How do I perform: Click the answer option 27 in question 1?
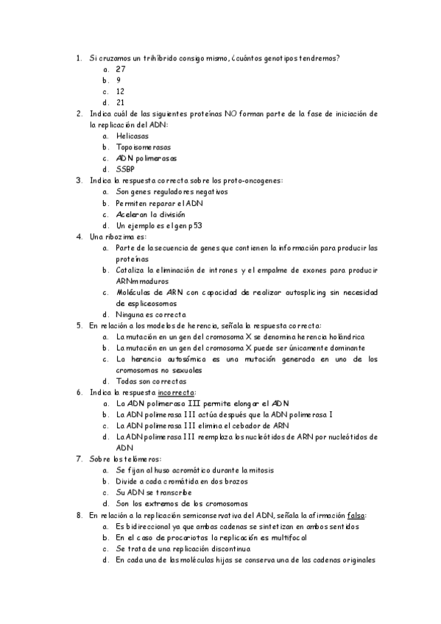click(121, 69)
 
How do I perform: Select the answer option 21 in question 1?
click(121, 102)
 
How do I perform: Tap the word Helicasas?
click(132, 136)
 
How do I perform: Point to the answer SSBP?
click(124, 169)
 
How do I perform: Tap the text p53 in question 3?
click(194, 225)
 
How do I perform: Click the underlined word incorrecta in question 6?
click(178, 392)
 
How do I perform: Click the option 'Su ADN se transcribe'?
click(154, 492)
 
